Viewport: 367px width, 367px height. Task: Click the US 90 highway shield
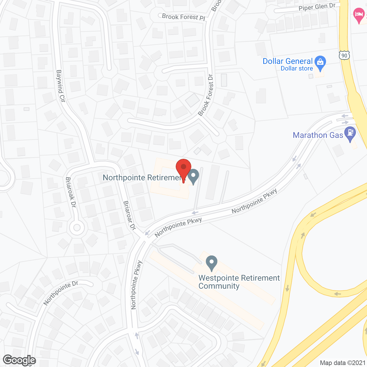coord(344,55)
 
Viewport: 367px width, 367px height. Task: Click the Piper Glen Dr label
coord(317,7)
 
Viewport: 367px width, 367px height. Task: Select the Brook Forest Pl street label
coord(183,17)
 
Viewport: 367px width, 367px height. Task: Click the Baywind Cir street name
coord(60,86)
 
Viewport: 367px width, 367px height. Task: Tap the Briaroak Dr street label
coord(71,192)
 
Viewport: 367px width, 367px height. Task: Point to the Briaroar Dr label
coord(129,215)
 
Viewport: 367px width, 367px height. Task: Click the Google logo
coord(19,360)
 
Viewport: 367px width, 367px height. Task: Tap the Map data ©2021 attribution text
coord(343,363)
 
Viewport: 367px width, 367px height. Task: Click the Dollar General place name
coord(288,61)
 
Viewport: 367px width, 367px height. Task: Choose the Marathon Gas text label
coord(318,135)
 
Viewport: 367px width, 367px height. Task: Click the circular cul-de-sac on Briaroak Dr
coord(77,228)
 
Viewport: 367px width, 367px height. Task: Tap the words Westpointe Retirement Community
coord(239,282)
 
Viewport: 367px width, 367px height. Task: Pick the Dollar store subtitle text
coord(297,69)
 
